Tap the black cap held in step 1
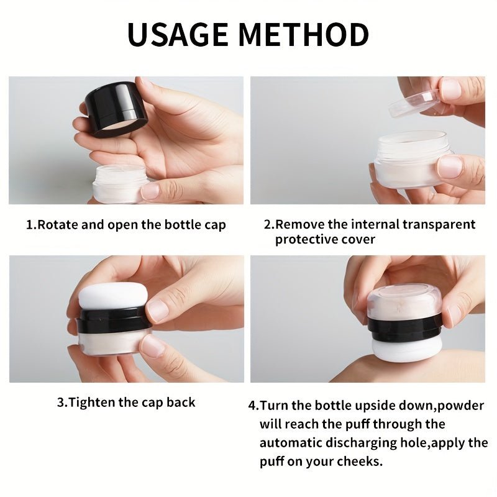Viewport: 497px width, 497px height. tap(116, 109)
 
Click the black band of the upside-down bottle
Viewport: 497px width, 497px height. tap(404, 326)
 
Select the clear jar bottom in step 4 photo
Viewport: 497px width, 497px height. tap(404, 301)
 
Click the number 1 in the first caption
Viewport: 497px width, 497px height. tap(29, 224)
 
